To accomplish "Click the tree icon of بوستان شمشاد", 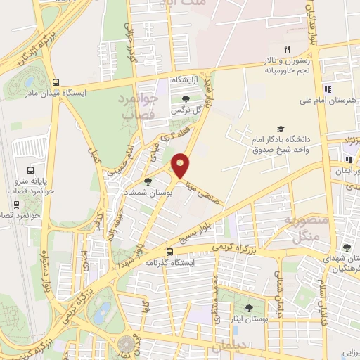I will click(147, 181).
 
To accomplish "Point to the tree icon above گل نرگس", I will click(186, 99).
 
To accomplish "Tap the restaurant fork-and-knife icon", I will click(287, 49).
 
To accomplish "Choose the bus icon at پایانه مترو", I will click(30, 170).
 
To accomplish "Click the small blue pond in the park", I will click(103, 310).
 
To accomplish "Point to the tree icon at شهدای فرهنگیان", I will click(347, 247).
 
